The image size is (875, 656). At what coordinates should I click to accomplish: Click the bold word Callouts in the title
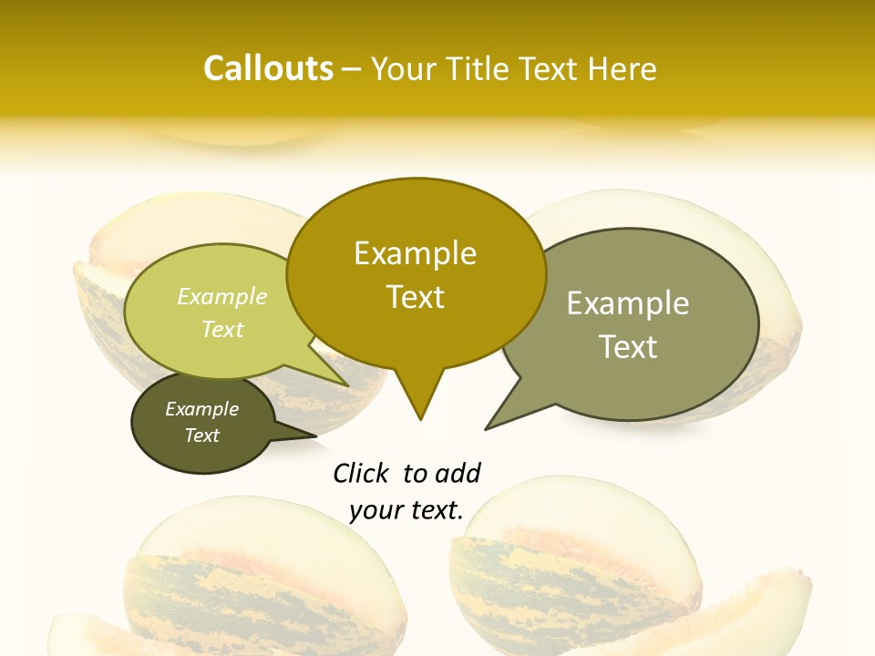[x=268, y=68]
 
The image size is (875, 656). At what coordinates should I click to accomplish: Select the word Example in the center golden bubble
[x=415, y=253]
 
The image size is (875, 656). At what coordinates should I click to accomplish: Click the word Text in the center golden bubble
[x=415, y=296]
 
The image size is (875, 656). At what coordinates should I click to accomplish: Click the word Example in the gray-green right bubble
[x=628, y=303]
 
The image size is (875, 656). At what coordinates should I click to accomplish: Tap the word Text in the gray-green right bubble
[x=628, y=346]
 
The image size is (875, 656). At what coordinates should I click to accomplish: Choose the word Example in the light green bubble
[x=222, y=296]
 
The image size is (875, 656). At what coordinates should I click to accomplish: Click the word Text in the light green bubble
[x=222, y=329]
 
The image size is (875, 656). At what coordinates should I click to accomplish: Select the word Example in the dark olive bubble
[x=202, y=409]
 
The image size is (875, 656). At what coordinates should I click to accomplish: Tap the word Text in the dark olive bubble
[x=202, y=436]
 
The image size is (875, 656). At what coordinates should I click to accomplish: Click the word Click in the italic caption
[x=360, y=473]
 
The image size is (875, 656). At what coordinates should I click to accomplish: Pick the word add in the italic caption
[x=457, y=473]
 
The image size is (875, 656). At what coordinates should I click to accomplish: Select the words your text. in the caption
[x=407, y=510]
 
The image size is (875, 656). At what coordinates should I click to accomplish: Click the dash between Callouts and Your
[x=353, y=69]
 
